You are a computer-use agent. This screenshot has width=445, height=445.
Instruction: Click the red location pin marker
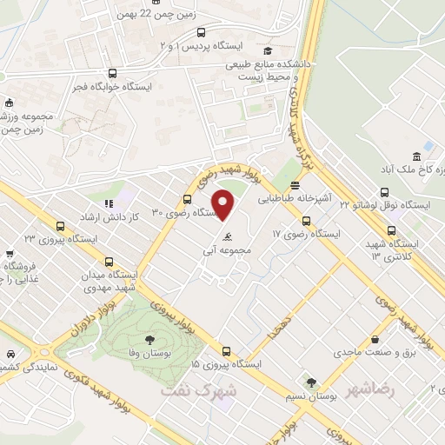pos(224,204)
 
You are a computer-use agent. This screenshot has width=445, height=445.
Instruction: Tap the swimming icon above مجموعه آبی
pos(227,236)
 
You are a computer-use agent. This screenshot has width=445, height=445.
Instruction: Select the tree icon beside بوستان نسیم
pos(310,382)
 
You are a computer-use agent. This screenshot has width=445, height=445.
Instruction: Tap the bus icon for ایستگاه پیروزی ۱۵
pos(227,352)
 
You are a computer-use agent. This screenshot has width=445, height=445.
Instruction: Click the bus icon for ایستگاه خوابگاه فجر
pos(111,74)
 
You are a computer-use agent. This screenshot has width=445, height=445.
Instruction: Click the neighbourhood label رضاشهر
pos(369,389)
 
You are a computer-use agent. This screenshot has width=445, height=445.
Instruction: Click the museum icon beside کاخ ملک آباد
pos(418,156)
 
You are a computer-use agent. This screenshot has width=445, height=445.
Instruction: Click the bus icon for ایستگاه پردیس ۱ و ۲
pos(202,33)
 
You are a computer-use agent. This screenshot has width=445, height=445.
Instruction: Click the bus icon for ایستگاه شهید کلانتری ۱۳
pos(391,231)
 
